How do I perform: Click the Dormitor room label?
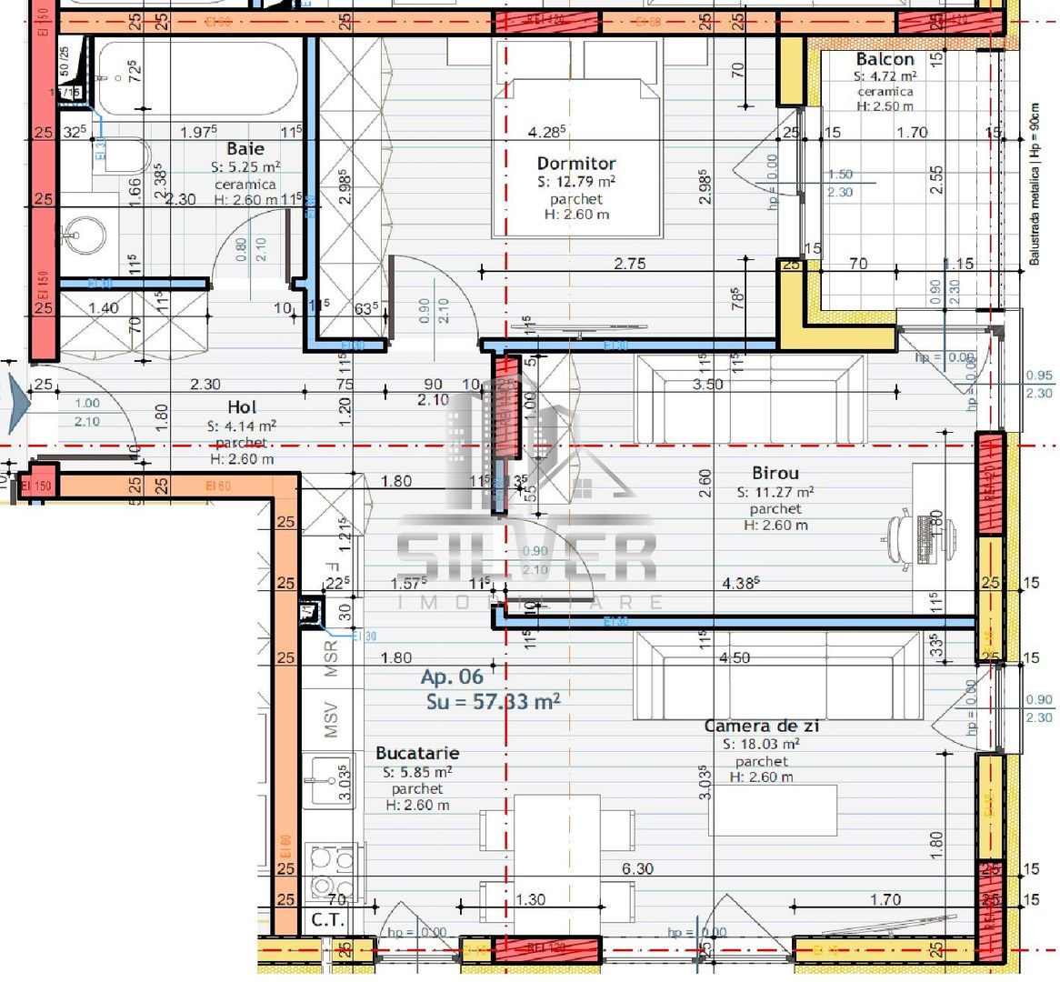(x=576, y=164)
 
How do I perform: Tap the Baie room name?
(x=245, y=149)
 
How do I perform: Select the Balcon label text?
(x=885, y=60)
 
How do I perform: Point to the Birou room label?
(x=775, y=474)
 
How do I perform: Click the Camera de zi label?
(x=762, y=726)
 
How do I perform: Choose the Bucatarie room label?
(x=417, y=754)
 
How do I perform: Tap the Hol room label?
(x=242, y=407)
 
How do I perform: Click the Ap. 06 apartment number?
(x=452, y=677)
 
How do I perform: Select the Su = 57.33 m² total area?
(x=493, y=702)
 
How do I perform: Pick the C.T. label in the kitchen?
(x=327, y=920)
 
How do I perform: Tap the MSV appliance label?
(x=331, y=718)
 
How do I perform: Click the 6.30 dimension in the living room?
(x=637, y=869)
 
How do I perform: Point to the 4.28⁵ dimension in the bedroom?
(x=547, y=133)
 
